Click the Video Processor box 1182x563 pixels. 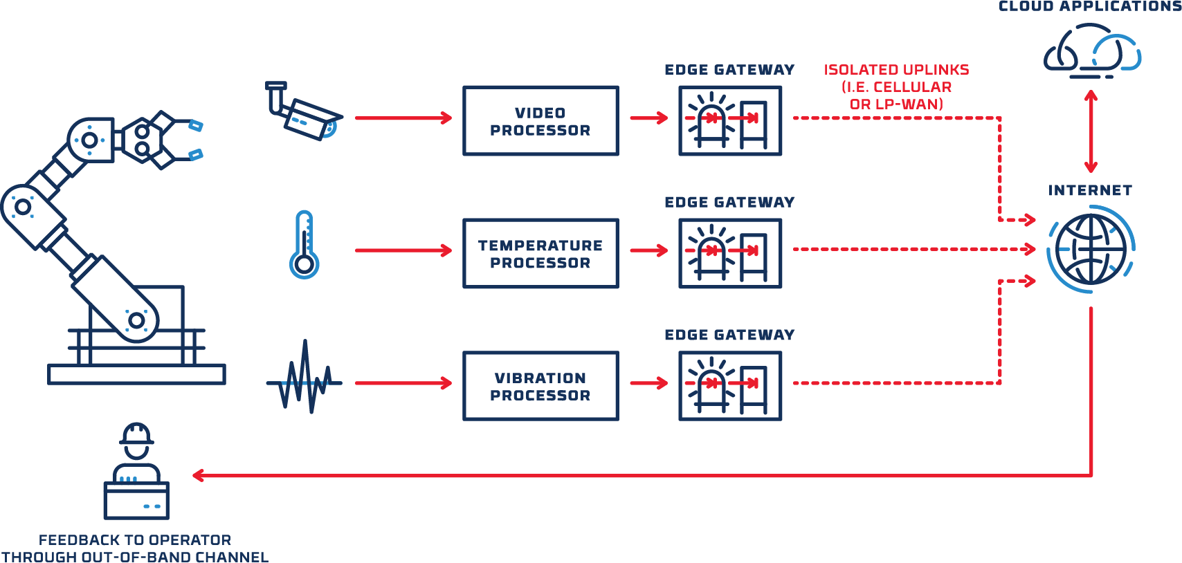540,121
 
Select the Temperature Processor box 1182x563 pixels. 540,254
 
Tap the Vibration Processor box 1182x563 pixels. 540,386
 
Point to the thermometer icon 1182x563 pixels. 304,245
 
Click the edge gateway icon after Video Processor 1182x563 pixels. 730,121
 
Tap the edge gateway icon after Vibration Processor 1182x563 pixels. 730,386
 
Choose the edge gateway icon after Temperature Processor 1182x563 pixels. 730,254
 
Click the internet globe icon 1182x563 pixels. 1091,249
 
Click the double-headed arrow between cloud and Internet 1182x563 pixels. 1091,131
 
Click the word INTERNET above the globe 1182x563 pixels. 1090,191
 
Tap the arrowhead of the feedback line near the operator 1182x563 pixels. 199,475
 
